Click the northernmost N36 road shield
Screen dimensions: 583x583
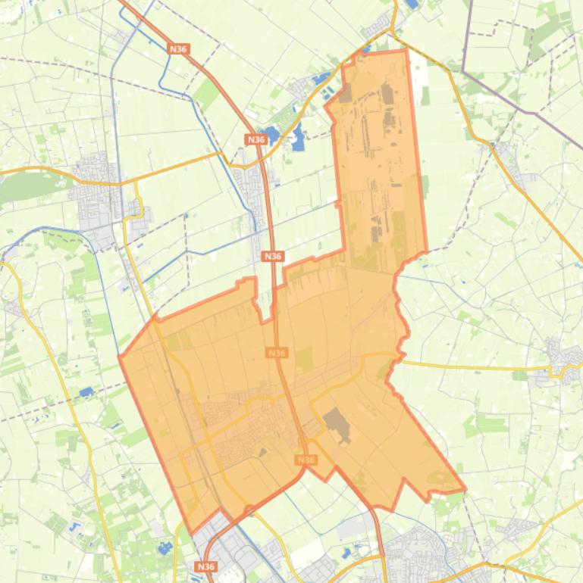(178, 49)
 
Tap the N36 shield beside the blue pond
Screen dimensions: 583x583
(256, 139)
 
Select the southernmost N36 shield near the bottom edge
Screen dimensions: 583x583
(205, 566)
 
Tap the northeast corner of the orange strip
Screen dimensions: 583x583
(406, 51)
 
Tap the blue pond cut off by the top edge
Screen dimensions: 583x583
(412, 4)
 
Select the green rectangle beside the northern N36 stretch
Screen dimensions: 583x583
(206, 92)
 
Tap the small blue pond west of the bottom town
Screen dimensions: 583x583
(346, 553)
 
